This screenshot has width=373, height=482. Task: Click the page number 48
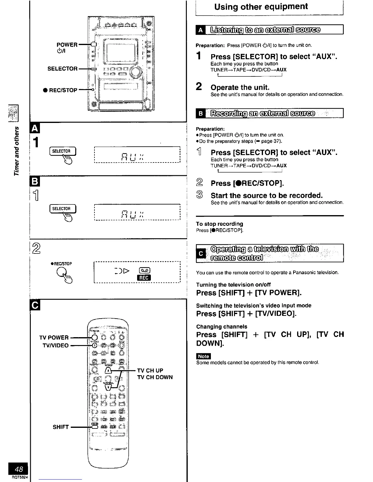coord(19,469)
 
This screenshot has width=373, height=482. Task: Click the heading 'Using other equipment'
coord(261,7)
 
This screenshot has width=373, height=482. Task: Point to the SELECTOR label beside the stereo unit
coord(62,69)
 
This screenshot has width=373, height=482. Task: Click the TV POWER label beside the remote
coord(54,337)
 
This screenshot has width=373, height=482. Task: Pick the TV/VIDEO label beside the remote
coord(54,345)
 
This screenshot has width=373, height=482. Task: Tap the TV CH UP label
coord(150,370)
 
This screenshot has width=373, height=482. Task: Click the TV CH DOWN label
coord(155,377)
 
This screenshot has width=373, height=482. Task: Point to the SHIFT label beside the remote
coord(61,427)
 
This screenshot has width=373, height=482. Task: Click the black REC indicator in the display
coord(144,278)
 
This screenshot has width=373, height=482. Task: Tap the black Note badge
coord(203,356)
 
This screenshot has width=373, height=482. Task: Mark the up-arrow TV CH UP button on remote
coord(108,370)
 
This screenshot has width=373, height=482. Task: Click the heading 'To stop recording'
coord(219,224)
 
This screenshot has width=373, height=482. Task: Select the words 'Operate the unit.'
coord(240,88)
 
